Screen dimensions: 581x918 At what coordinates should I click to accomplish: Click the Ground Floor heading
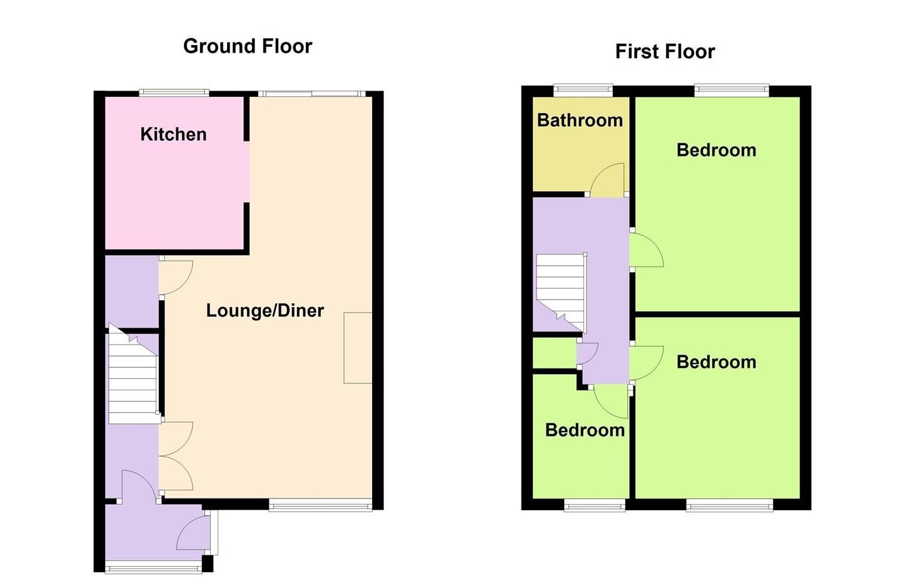pos(248,46)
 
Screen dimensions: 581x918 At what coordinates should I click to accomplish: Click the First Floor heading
pos(665,51)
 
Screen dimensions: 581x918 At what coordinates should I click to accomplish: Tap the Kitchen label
pos(173,134)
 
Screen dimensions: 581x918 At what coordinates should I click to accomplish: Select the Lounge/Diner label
pos(265,311)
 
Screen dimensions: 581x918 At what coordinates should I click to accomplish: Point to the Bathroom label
pos(580,120)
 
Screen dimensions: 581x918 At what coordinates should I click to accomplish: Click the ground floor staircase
pos(132,379)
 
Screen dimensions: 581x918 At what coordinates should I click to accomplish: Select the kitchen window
pos(173,93)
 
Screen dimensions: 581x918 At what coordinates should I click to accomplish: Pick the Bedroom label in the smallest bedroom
pos(585,430)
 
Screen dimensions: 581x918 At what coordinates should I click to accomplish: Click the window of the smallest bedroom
pos(595,505)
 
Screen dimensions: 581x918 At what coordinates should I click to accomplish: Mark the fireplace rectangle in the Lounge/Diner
pos(358,348)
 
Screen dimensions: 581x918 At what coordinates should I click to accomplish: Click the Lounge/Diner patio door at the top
pos(311,94)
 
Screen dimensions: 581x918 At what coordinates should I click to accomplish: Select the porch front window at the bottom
pos(153,568)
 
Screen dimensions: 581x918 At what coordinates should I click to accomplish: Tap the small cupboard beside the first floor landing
pos(553,353)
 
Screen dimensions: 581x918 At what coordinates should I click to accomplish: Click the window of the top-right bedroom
pos(731,90)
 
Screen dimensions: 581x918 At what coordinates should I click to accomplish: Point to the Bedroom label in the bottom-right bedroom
pos(716,362)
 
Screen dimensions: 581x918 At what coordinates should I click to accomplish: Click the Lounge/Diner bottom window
pos(320,505)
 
